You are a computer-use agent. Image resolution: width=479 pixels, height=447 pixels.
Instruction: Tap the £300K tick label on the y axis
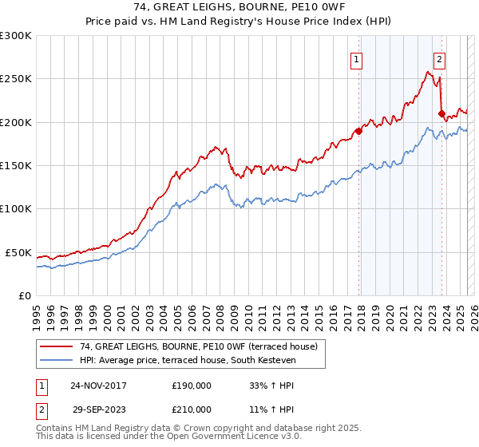coord(16,36)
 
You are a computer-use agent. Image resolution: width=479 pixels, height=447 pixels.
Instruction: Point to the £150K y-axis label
coord(16,166)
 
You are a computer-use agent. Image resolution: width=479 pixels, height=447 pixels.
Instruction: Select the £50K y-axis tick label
coord(18,252)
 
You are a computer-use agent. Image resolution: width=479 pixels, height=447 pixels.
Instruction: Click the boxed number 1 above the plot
coord(356,58)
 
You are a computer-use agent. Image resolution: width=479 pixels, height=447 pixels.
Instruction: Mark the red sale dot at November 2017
coord(358,132)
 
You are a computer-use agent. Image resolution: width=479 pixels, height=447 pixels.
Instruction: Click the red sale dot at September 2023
coord(441,114)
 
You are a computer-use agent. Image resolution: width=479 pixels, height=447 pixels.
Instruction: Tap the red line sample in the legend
coord(57,346)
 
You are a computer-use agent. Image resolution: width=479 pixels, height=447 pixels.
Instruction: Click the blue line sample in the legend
coord(57,361)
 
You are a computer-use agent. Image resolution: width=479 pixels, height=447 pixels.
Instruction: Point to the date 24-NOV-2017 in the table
coord(98,386)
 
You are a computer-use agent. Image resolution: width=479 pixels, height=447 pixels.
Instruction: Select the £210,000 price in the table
coord(192,409)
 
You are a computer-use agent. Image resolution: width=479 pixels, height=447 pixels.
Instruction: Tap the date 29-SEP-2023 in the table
coord(98,409)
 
